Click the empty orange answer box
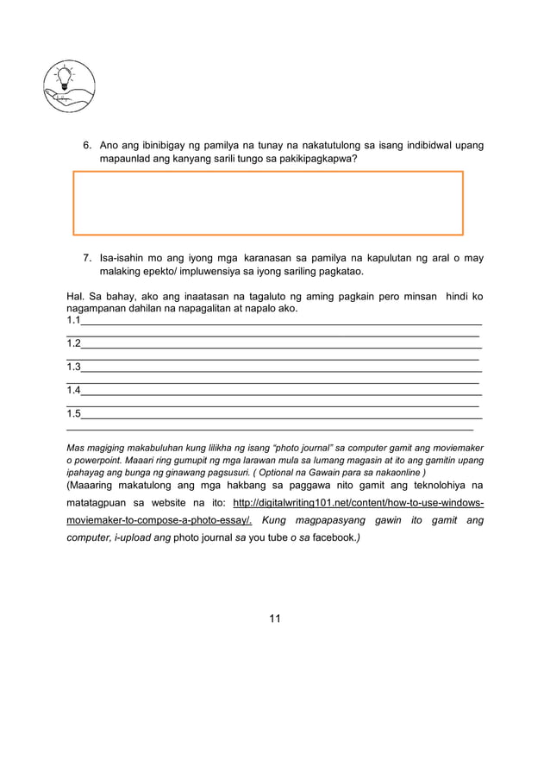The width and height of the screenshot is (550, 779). (x=268, y=203)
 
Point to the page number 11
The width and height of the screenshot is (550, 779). (x=275, y=618)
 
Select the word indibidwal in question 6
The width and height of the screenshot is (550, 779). (x=421, y=145)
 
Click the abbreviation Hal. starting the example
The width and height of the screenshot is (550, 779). (x=76, y=297)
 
